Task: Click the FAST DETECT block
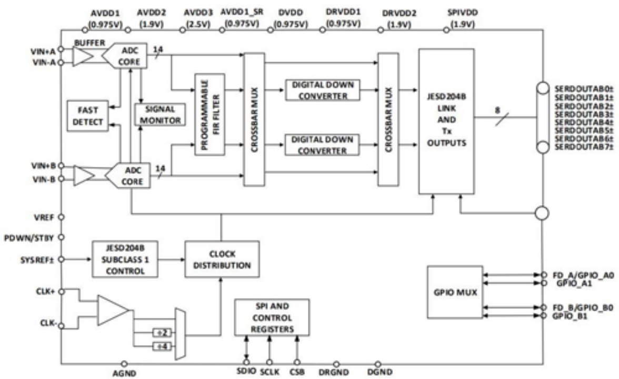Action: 87,116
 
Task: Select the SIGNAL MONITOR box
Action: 160,115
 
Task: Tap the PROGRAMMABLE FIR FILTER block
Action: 210,115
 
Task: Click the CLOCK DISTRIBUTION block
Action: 222,260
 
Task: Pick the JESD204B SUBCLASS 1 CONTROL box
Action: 125,260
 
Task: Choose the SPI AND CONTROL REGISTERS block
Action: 272,318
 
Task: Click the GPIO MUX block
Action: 455,293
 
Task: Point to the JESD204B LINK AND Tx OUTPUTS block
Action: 446,122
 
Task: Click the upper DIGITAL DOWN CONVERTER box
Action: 323,90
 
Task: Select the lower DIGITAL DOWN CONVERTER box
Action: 322,145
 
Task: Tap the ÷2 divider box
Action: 162,333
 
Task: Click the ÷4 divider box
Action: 162,347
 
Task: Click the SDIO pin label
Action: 246,371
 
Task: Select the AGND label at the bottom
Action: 124,373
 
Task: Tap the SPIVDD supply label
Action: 463,13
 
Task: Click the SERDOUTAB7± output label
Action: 584,147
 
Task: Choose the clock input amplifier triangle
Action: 113,311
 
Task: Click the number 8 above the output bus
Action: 497,111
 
